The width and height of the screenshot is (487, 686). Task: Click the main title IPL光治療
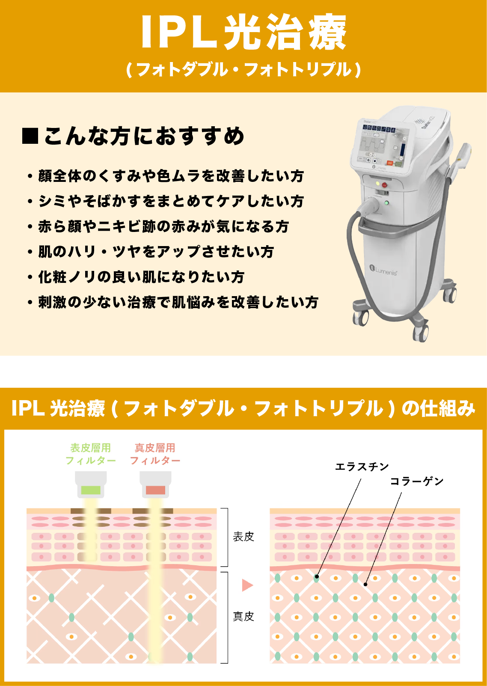[243, 33]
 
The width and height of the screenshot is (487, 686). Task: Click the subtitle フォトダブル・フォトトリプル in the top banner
[243, 69]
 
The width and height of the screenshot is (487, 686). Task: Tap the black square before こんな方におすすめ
[30, 136]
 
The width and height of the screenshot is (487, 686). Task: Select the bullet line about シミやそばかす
[171, 201]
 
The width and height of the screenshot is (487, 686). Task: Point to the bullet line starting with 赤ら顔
[163, 226]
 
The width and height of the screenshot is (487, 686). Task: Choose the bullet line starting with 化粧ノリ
[141, 277]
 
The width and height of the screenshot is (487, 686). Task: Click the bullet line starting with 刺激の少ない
[178, 302]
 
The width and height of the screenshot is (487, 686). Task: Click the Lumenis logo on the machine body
[383, 270]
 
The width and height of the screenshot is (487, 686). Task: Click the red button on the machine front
[384, 185]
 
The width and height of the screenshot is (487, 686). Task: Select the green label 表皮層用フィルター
[90, 454]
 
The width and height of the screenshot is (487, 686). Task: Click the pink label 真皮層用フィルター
[155, 454]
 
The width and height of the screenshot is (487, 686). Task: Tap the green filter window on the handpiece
[91, 490]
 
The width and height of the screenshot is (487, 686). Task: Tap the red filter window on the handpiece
[155, 490]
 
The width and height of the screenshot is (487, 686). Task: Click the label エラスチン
[362, 467]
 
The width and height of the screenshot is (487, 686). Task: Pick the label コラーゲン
[417, 481]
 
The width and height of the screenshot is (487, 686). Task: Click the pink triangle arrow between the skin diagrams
[247, 585]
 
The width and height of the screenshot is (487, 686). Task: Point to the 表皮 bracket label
[243, 537]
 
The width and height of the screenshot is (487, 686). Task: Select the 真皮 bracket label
[243, 616]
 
